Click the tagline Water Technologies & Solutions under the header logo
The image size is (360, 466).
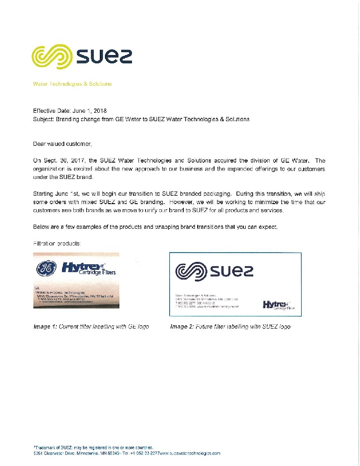[x=72, y=84]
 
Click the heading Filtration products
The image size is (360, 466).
[x=58, y=243]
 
